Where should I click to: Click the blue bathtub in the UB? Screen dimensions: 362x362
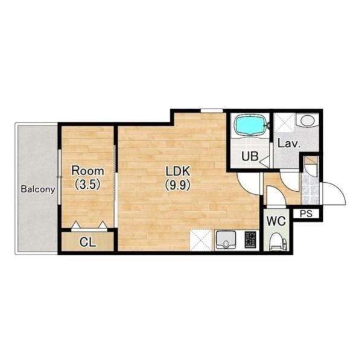click(251, 125)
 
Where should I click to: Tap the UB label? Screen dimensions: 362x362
click(250, 156)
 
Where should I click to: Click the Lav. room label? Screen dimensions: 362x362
click(289, 144)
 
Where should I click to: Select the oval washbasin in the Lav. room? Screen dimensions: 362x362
click(307, 120)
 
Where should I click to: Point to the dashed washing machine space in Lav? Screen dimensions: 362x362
click(284, 122)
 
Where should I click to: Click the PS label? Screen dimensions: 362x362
click(306, 214)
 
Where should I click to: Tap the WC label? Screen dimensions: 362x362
click(276, 221)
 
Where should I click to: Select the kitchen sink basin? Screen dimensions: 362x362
click(225, 240)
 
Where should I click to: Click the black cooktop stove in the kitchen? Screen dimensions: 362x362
click(251, 240)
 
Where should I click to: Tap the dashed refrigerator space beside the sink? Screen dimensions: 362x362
click(201, 240)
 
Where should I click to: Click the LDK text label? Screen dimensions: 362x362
click(178, 171)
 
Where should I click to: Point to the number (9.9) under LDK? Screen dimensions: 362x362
click(178, 185)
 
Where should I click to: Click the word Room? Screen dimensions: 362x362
click(87, 171)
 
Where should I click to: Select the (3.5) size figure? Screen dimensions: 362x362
click(87, 184)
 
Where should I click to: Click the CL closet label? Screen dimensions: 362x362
click(87, 242)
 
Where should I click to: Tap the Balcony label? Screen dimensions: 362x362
click(38, 189)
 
